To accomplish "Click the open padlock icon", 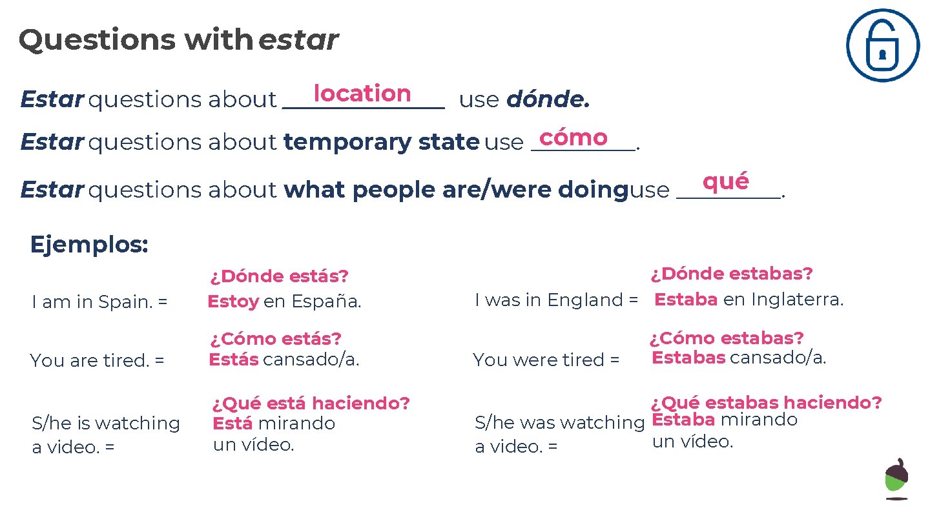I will (882, 45).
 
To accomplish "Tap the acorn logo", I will (896, 478).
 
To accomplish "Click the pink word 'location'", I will (362, 94).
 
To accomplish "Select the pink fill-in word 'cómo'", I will (573, 138).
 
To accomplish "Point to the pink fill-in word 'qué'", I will (726, 181).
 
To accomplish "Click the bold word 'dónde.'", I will (548, 99).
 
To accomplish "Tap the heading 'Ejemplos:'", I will (89, 245).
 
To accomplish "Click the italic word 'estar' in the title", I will (298, 40).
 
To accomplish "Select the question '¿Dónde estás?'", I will (279, 276).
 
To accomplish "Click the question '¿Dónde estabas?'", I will (731, 274).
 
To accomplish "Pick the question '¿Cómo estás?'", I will (275, 338).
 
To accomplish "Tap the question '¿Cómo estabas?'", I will (727, 338).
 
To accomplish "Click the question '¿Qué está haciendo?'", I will (311, 404).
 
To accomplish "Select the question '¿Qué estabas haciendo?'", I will (766, 403).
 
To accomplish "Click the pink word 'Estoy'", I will (233, 302).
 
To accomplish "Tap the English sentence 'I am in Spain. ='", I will (99, 302).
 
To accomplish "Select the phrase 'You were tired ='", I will (546, 360).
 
